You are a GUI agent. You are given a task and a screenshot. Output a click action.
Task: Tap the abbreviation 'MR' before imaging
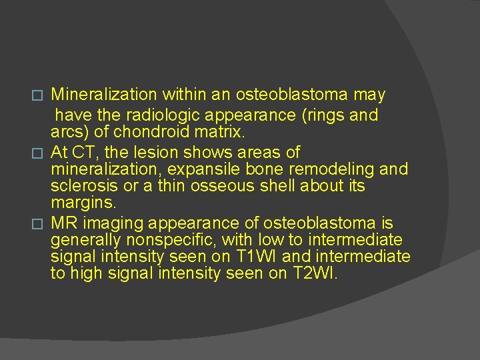(x=64, y=222)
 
